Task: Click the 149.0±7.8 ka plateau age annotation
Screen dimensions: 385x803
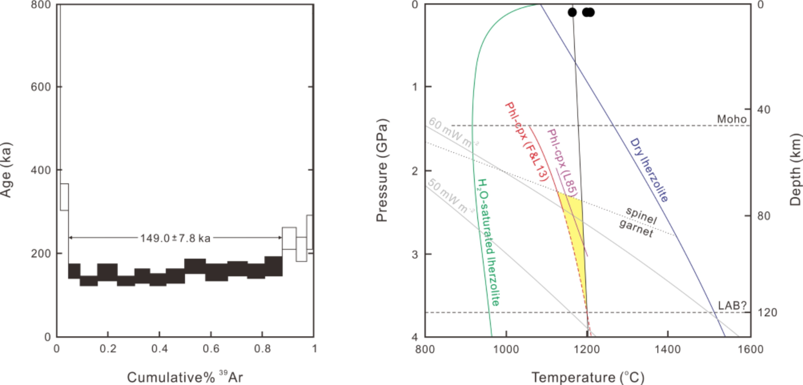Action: [175, 238]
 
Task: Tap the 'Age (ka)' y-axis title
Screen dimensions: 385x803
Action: [6, 170]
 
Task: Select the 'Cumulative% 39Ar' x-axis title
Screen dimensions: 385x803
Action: [185, 377]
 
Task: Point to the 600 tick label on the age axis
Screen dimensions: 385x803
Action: [41, 87]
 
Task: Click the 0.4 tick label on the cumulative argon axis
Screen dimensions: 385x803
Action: [159, 349]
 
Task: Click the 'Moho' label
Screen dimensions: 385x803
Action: [731, 119]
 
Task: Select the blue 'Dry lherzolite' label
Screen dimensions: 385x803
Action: [649, 170]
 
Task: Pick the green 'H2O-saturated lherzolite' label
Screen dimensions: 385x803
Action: [488, 242]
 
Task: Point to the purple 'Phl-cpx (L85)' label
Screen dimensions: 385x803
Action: [563, 163]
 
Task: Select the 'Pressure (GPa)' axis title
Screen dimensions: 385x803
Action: [382, 170]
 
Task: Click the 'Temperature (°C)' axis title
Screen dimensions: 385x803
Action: [588, 377]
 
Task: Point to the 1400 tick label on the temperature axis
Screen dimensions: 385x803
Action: [667, 349]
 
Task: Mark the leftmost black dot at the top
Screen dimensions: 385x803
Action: [572, 12]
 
